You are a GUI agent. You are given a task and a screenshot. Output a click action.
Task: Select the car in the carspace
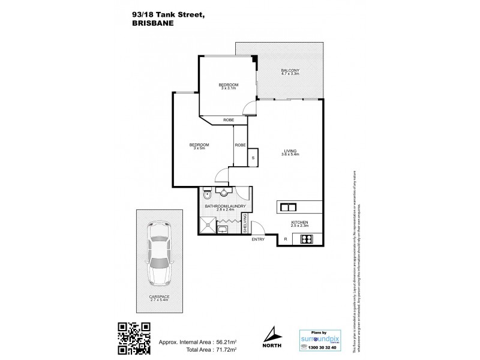click(160, 253)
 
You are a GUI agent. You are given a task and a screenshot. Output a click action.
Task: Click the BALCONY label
click(290, 71)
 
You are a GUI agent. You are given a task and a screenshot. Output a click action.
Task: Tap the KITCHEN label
click(299, 222)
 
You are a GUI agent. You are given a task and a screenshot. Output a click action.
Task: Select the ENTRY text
click(259, 239)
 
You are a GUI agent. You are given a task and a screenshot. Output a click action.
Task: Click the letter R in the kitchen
click(286, 239)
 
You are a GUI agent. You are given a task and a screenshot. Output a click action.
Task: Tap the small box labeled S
click(253, 158)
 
